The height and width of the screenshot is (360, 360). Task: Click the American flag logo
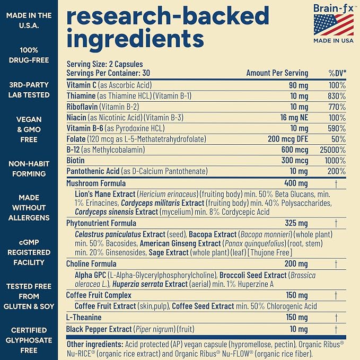click(333, 25)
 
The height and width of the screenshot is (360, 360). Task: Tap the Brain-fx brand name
click(333, 8)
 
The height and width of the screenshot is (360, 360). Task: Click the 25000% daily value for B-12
click(332, 150)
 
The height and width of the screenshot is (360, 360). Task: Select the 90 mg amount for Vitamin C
click(298, 85)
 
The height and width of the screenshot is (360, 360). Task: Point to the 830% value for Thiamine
click(337, 96)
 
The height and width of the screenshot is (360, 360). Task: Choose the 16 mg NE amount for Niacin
click(294, 118)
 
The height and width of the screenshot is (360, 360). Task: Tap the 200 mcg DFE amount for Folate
click(288, 139)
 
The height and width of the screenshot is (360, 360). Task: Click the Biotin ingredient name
click(75, 160)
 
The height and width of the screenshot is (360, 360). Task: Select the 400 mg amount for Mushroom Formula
click(296, 183)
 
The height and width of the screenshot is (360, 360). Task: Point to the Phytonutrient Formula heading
click(101, 223)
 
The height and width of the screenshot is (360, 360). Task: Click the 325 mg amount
click(296, 223)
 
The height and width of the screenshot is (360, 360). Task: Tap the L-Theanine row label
click(84, 317)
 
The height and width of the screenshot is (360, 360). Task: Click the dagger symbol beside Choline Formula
click(336, 264)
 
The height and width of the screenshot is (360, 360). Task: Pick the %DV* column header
click(337, 73)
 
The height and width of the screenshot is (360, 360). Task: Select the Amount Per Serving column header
click(277, 73)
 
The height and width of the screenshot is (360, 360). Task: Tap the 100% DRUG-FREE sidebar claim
click(29, 55)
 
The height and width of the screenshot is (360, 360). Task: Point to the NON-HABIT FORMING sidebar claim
click(29, 169)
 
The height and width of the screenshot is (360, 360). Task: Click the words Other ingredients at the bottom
click(95, 345)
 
